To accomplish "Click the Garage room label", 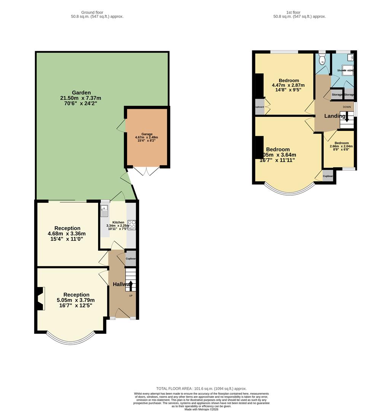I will click(147, 134).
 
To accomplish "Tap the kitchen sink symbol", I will click(104, 211).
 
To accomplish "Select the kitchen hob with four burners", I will click(132, 225).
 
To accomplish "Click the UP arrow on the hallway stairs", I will click(130, 285).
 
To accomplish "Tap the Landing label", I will click(335, 116).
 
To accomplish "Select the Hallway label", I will click(122, 284).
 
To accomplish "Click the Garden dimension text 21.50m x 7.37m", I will click(81, 98).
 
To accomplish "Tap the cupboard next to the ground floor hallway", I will click(130, 258).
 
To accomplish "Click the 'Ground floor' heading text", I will click(92, 13).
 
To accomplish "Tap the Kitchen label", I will click(118, 222).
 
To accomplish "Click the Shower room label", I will click(345, 70).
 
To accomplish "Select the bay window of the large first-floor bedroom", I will click(290, 190).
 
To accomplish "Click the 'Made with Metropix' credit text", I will click(201, 409).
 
